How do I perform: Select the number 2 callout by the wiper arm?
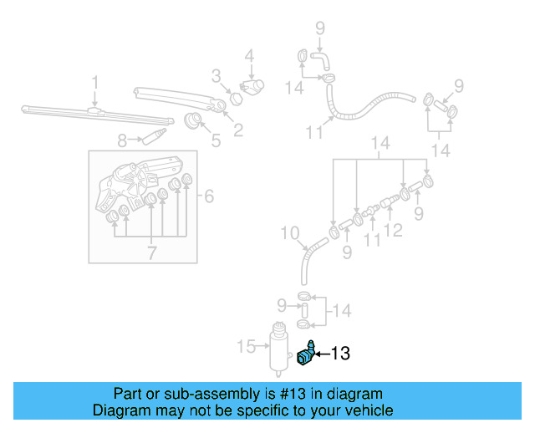[x=238, y=130]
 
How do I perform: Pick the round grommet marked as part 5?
[x=194, y=121]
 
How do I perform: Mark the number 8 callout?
[x=122, y=140]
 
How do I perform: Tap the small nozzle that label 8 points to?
[x=154, y=134]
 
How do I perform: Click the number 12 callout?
[x=393, y=229]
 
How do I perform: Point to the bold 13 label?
[x=340, y=354]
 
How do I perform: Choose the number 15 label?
[x=246, y=345]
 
